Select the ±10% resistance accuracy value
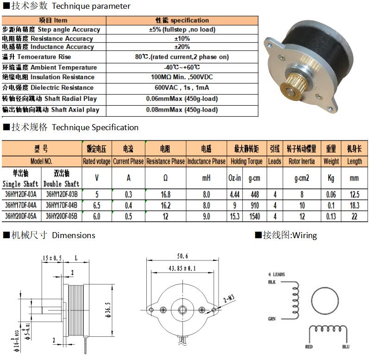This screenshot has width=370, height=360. click(x=182, y=38)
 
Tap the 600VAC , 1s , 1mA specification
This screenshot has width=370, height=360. click(x=182, y=88)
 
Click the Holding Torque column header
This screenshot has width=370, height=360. click(x=246, y=161)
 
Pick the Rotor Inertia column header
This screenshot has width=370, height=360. click(x=301, y=161)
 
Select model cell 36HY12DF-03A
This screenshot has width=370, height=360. click(x=21, y=194)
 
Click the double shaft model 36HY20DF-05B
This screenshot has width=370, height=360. click(x=62, y=216)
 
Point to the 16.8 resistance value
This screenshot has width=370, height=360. click(x=165, y=194)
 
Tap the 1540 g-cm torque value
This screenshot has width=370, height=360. click(x=255, y=216)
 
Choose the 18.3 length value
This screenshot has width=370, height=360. click(x=354, y=205)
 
